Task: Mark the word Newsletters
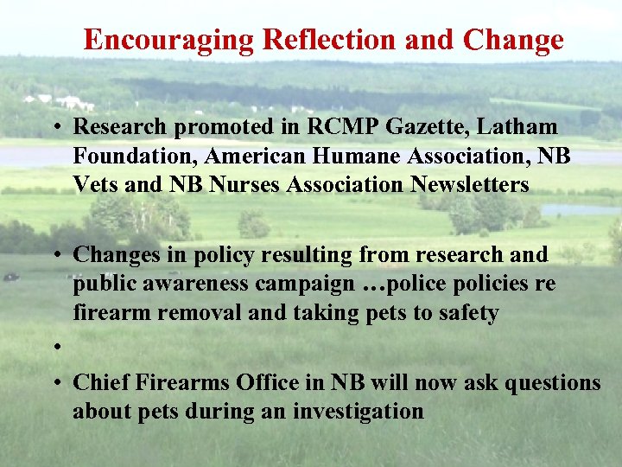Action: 468,186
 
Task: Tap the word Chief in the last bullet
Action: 101,382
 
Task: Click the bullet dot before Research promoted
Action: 54,128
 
